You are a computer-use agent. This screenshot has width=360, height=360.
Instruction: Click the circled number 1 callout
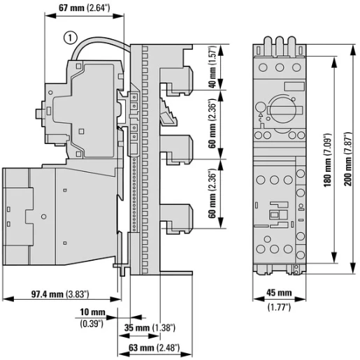click(69, 38)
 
